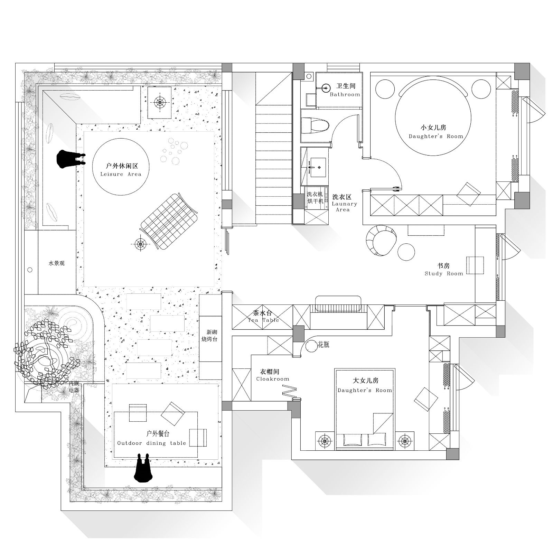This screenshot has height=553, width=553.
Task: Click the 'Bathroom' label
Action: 345,94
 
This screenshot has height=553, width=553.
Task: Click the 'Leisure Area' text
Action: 121,174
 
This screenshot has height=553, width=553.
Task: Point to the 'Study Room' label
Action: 444,273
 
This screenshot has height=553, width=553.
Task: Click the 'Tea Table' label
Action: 263,320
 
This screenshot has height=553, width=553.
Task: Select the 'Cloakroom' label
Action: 273,379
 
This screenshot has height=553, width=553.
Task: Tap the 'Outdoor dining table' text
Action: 152,443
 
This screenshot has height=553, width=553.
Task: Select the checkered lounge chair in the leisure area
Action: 169,221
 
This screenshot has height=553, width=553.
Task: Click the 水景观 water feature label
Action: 56,263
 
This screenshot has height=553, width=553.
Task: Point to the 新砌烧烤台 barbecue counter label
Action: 209,336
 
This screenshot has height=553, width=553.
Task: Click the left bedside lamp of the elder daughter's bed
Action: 325,441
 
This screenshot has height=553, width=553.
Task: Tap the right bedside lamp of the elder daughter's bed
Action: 405,441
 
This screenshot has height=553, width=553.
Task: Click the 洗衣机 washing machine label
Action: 315,194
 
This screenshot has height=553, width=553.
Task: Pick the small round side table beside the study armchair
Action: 406,252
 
